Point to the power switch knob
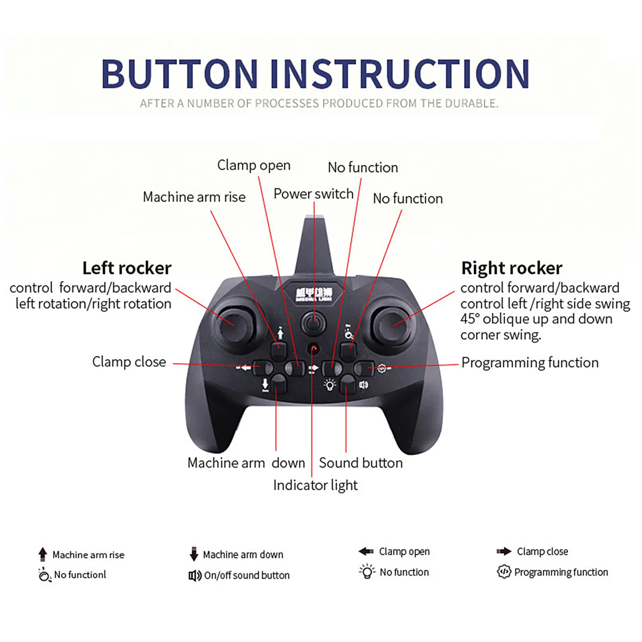click(x=314, y=322)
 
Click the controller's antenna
click(x=314, y=245)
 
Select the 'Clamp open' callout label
click(x=254, y=165)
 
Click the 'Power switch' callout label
click(x=313, y=194)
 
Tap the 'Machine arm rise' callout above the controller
click(x=194, y=197)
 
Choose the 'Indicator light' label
click(x=315, y=485)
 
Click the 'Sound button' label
click(x=360, y=463)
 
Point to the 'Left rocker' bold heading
click(x=127, y=268)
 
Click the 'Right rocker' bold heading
click(x=512, y=268)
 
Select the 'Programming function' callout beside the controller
click(x=530, y=363)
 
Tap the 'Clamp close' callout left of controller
click(x=129, y=362)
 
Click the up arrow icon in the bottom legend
click(x=43, y=554)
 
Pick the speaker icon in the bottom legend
click(x=195, y=576)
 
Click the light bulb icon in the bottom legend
click(x=367, y=572)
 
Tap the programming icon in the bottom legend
click(x=504, y=572)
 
